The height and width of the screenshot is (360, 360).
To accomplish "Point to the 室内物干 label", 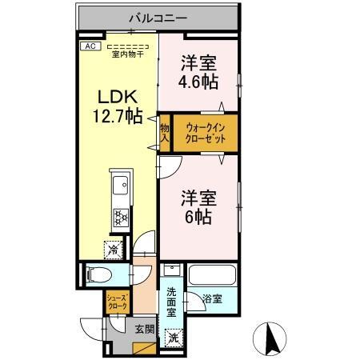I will point(127,53).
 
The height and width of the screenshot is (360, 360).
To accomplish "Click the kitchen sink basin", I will point(120,188).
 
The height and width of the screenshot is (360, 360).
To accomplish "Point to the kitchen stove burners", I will point(121,217).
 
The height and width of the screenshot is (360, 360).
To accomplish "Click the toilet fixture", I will point(99,275).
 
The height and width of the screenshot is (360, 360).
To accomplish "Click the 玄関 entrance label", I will point(144,328).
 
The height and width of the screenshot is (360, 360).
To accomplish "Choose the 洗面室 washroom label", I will point(174,305).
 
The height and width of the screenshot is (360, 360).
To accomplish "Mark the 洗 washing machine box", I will point(174,337).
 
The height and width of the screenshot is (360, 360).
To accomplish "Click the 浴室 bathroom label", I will point(212,300).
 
